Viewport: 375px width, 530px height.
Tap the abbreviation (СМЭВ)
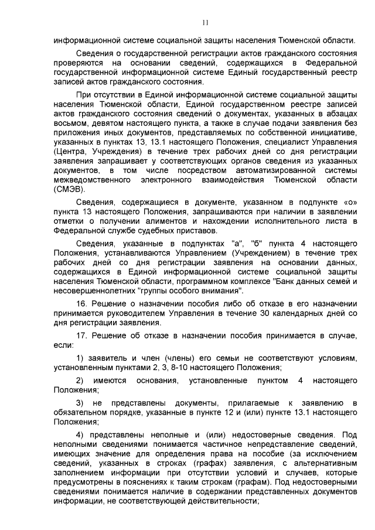click(70, 189)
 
